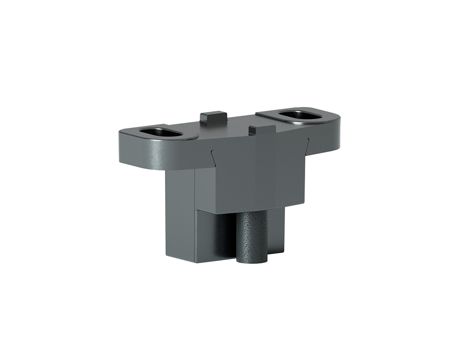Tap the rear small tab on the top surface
[x=213, y=117]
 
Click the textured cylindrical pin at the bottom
[x=252, y=237]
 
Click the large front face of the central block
[x=258, y=175]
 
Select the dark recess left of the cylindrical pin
[x=227, y=233]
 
